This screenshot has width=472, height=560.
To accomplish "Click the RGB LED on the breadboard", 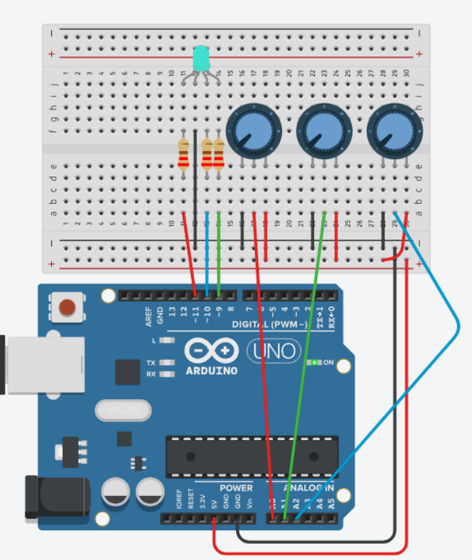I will [201, 59].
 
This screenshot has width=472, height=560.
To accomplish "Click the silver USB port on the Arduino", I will [44, 364].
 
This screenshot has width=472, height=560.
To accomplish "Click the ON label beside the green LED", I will [328, 363].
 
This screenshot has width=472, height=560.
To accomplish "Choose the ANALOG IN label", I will [308, 488].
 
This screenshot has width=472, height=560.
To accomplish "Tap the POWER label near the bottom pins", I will [236, 488].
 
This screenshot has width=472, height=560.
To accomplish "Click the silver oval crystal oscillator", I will [123, 410].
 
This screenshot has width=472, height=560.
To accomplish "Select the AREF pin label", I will [149, 316].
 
